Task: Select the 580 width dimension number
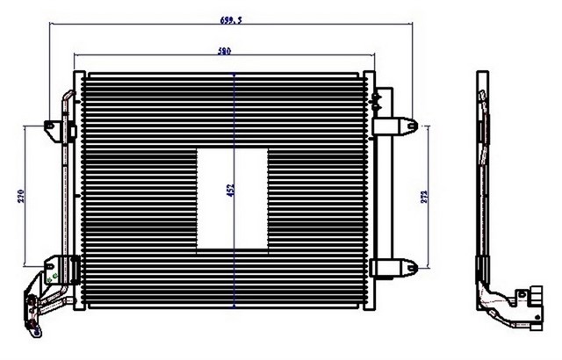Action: pyautogui.click(x=224, y=52)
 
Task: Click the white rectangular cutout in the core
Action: pyautogui.click(x=232, y=198)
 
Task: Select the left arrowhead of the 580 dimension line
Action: pyautogui.click(x=76, y=58)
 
